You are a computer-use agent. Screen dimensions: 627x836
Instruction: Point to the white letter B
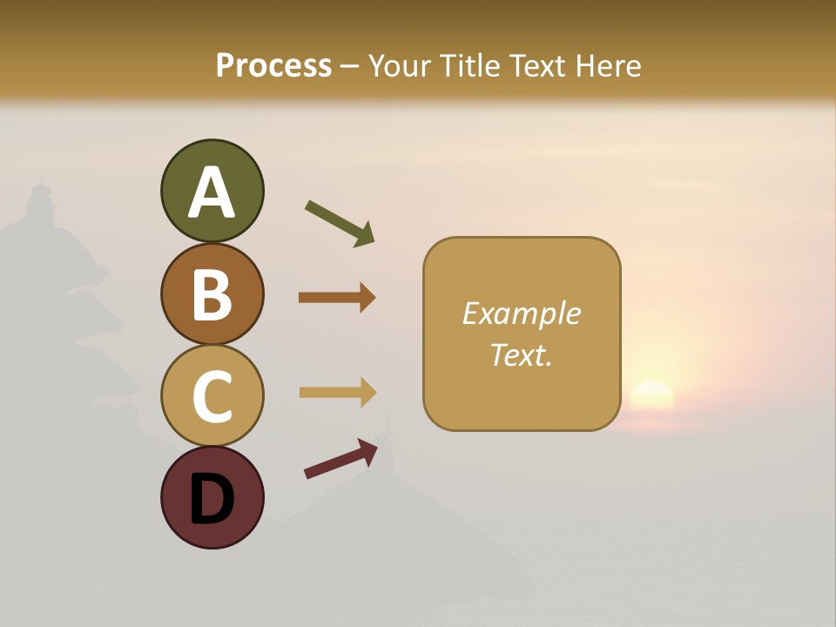212,294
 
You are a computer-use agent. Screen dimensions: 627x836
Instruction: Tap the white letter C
212,396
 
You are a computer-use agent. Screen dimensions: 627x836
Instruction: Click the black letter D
212,499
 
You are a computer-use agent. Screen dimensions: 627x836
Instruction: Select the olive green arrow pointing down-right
340,223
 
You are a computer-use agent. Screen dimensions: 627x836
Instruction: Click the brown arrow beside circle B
337,298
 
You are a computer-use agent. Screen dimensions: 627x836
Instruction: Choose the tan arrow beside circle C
337,392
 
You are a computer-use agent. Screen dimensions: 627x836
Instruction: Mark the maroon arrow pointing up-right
340,459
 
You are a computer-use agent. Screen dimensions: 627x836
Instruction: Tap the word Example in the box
522,313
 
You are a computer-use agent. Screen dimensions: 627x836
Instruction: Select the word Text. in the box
522,354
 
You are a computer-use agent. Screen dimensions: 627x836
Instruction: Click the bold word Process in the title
273,65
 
